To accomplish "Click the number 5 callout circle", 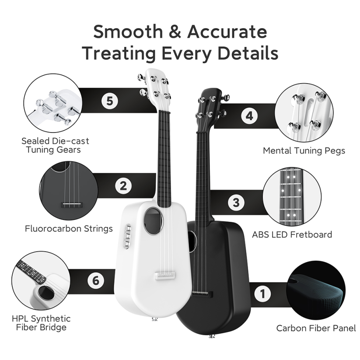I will click(110, 101).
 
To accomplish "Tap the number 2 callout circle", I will click(123, 186).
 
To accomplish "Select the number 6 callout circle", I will click(95, 280).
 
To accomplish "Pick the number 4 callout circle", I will click(249, 116).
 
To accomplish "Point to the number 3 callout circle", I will click(236, 203).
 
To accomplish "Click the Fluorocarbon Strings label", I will click(69, 228).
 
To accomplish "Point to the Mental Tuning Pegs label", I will click(304, 150).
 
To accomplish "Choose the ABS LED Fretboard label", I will click(292, 234).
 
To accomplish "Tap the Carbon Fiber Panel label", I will click(316, 328).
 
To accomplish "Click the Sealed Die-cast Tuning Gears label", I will click(55, 145).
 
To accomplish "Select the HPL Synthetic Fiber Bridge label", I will click(42, 323).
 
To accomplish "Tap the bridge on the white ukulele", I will click(165, 275).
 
